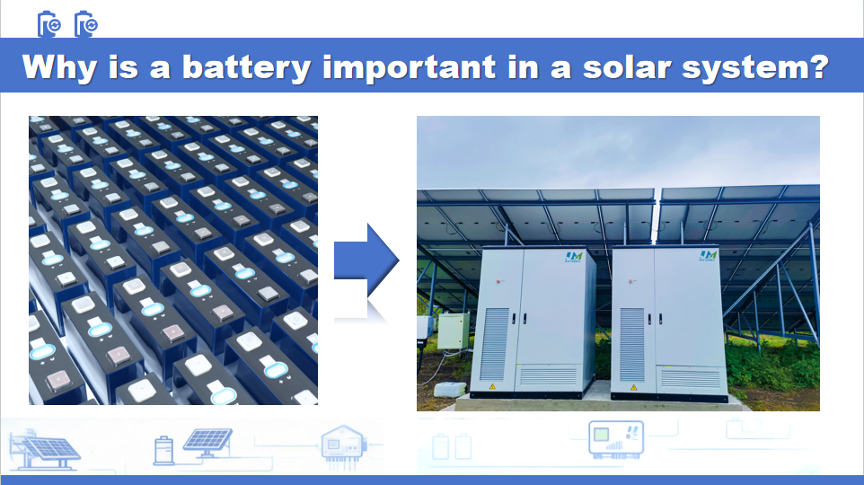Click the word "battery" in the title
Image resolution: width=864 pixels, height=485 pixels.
pos(249,68)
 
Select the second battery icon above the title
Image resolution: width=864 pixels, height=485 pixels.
pos(85,24)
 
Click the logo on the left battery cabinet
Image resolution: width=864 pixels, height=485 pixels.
pos(573,257)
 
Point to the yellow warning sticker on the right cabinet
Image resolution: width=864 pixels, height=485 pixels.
pos(633,387)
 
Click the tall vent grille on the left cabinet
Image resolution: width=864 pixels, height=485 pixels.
pos(495,342)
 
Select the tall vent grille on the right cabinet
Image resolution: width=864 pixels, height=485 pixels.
pos(631,342)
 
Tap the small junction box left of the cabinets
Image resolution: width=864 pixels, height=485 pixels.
pos(452,331)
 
